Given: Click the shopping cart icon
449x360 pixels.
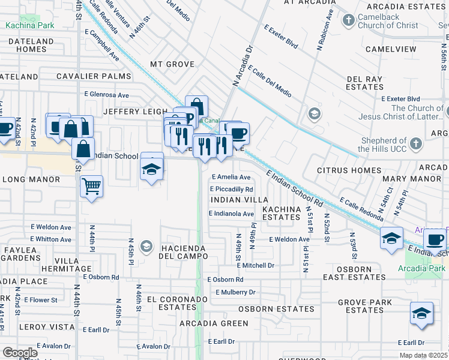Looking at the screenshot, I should coord(91,187).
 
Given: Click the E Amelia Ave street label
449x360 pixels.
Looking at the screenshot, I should coord(232,177).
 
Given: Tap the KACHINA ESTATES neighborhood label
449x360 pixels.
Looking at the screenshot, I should coord(280,213).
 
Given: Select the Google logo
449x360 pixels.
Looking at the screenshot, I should coord(20,352).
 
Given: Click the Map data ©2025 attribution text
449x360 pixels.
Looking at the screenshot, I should coord(423,355).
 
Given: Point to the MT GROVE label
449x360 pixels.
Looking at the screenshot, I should coord(172,64).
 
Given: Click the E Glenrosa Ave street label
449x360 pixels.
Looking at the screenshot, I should coord(106,95).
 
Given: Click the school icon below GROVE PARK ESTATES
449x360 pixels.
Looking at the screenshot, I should coord(421,313).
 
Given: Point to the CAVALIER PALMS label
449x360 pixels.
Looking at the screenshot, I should coord(93,76).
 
